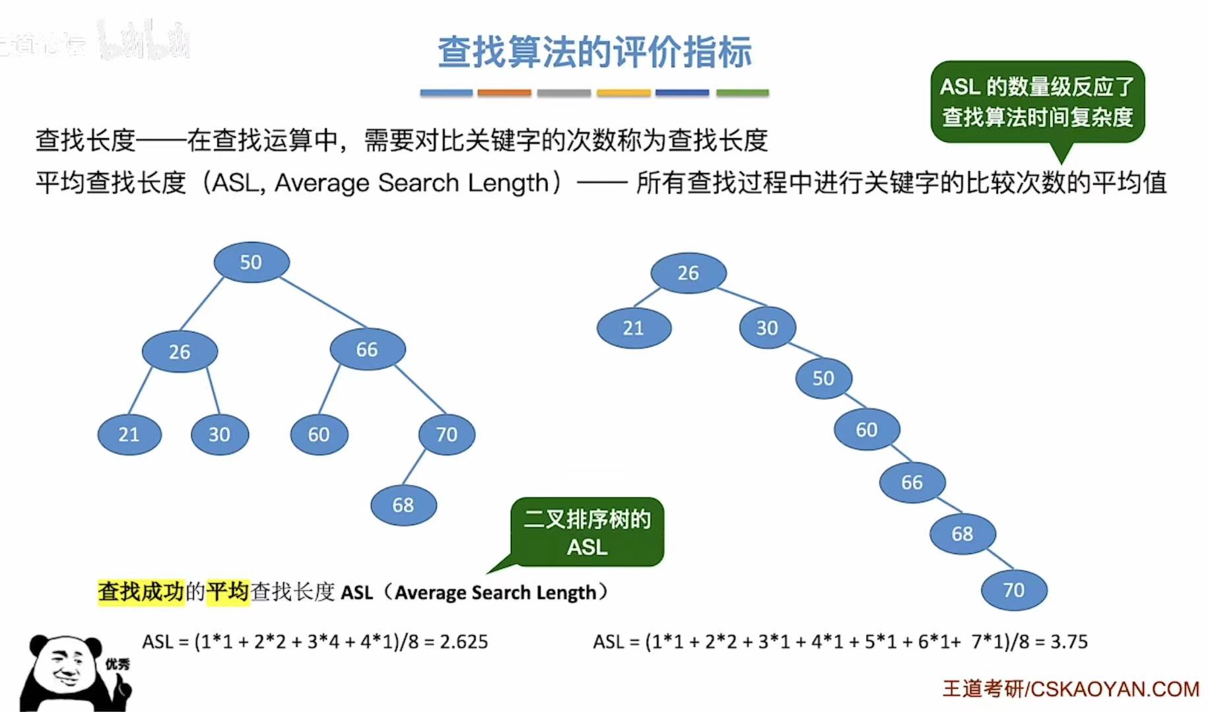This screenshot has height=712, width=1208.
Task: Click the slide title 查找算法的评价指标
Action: (595, 52)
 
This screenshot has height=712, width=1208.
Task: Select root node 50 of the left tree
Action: (251, 262)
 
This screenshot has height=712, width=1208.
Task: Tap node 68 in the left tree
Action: (403, 505)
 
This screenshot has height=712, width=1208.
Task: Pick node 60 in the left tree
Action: (319, 434)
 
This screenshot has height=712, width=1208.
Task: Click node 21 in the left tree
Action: (129, 434)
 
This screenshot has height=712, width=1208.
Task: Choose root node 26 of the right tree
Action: (688, 273)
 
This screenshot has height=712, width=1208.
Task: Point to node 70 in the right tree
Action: (1013, 590)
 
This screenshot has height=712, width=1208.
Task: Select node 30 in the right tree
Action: (767, 328)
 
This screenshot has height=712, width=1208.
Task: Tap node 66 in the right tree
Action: (912, 482)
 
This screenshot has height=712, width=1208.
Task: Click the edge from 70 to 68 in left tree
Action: (415, 467)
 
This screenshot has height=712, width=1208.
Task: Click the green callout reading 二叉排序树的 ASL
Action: (587, 533)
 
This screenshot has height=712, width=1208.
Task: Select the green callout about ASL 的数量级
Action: (1037, 102)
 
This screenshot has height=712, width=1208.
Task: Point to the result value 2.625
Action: (463, 641)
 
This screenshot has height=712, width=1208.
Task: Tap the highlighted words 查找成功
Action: (141, 592)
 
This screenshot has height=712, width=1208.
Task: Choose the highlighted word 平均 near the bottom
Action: (228, 592)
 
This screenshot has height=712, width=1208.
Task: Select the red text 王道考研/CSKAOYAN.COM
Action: (1070, 689)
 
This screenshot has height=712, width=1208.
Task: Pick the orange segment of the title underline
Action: (504, 93)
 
